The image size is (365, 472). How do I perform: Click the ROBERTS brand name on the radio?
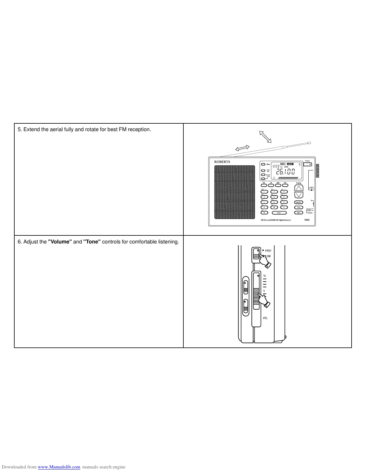222,162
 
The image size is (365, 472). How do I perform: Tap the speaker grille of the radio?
234,192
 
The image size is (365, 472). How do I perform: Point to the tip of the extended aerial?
310,143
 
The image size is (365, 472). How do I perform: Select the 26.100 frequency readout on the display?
285,172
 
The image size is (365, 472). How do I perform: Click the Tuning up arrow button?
299,188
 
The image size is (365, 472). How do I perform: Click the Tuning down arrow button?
299,195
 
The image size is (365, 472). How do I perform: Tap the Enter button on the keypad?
279,213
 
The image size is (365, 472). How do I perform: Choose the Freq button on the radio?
299,207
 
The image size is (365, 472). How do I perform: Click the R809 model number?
307,220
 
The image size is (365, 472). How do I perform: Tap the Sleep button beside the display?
263,164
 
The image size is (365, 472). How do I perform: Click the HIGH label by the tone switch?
268,251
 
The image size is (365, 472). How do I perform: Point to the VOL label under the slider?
265,318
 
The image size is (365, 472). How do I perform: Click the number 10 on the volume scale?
264,276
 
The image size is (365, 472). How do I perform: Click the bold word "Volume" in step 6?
60,242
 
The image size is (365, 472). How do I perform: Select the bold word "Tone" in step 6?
92,242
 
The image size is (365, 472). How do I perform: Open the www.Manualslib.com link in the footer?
59,467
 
